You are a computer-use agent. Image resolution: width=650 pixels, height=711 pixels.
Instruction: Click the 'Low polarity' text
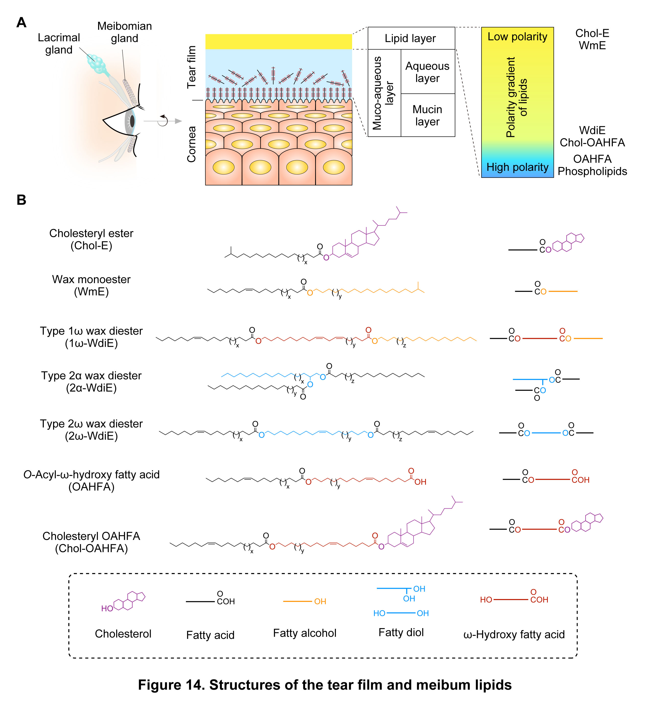coord(517,37)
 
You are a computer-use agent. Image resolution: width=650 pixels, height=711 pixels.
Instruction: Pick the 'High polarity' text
coord(517,167)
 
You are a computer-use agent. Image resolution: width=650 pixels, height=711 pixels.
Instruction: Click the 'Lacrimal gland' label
coord(59,44)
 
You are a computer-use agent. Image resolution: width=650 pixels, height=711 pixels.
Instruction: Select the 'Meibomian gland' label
coord(125,32)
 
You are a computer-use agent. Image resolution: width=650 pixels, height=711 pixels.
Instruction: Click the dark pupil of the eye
coord(132,121)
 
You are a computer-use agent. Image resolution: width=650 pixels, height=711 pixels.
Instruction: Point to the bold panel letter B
coord(22,200)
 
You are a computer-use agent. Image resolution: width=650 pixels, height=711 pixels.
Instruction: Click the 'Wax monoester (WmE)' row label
coord(91,285)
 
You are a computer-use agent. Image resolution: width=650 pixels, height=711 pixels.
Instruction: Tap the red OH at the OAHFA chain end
coord(420,482)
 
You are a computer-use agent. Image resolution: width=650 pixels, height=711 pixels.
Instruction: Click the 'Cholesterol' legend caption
coord(123,634)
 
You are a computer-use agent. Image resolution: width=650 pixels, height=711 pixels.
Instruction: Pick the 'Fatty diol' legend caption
coord(401,632)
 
